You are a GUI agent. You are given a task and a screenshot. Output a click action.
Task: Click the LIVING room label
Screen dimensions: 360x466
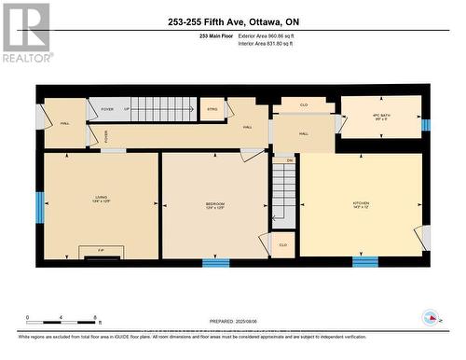[102, 199]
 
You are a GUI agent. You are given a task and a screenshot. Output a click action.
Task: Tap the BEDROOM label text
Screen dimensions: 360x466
[215, 204]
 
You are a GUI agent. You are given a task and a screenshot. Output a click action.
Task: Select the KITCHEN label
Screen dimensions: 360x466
[362, 204]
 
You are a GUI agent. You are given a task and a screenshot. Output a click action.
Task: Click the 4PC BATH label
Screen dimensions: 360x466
[381, 117]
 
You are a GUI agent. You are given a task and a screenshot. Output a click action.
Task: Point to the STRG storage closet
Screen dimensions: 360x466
[212, 109]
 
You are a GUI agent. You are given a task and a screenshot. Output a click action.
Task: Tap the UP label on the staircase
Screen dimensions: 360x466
[127, 109]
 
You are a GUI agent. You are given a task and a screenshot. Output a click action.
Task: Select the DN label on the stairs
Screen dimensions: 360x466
[289, 160]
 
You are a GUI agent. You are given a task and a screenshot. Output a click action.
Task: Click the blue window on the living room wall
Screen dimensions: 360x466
[40, 207]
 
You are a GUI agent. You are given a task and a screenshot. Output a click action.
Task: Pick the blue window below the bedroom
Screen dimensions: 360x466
[215, 263]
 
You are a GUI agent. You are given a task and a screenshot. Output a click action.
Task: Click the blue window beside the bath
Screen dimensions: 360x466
[425, 125]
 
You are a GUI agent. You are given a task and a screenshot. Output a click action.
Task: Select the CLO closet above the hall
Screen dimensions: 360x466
[304, 105]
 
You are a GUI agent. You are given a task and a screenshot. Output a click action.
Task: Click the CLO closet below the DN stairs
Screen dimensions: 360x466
[282, 244]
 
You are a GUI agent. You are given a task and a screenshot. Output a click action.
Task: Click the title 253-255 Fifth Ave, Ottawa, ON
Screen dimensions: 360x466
[232, 21]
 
